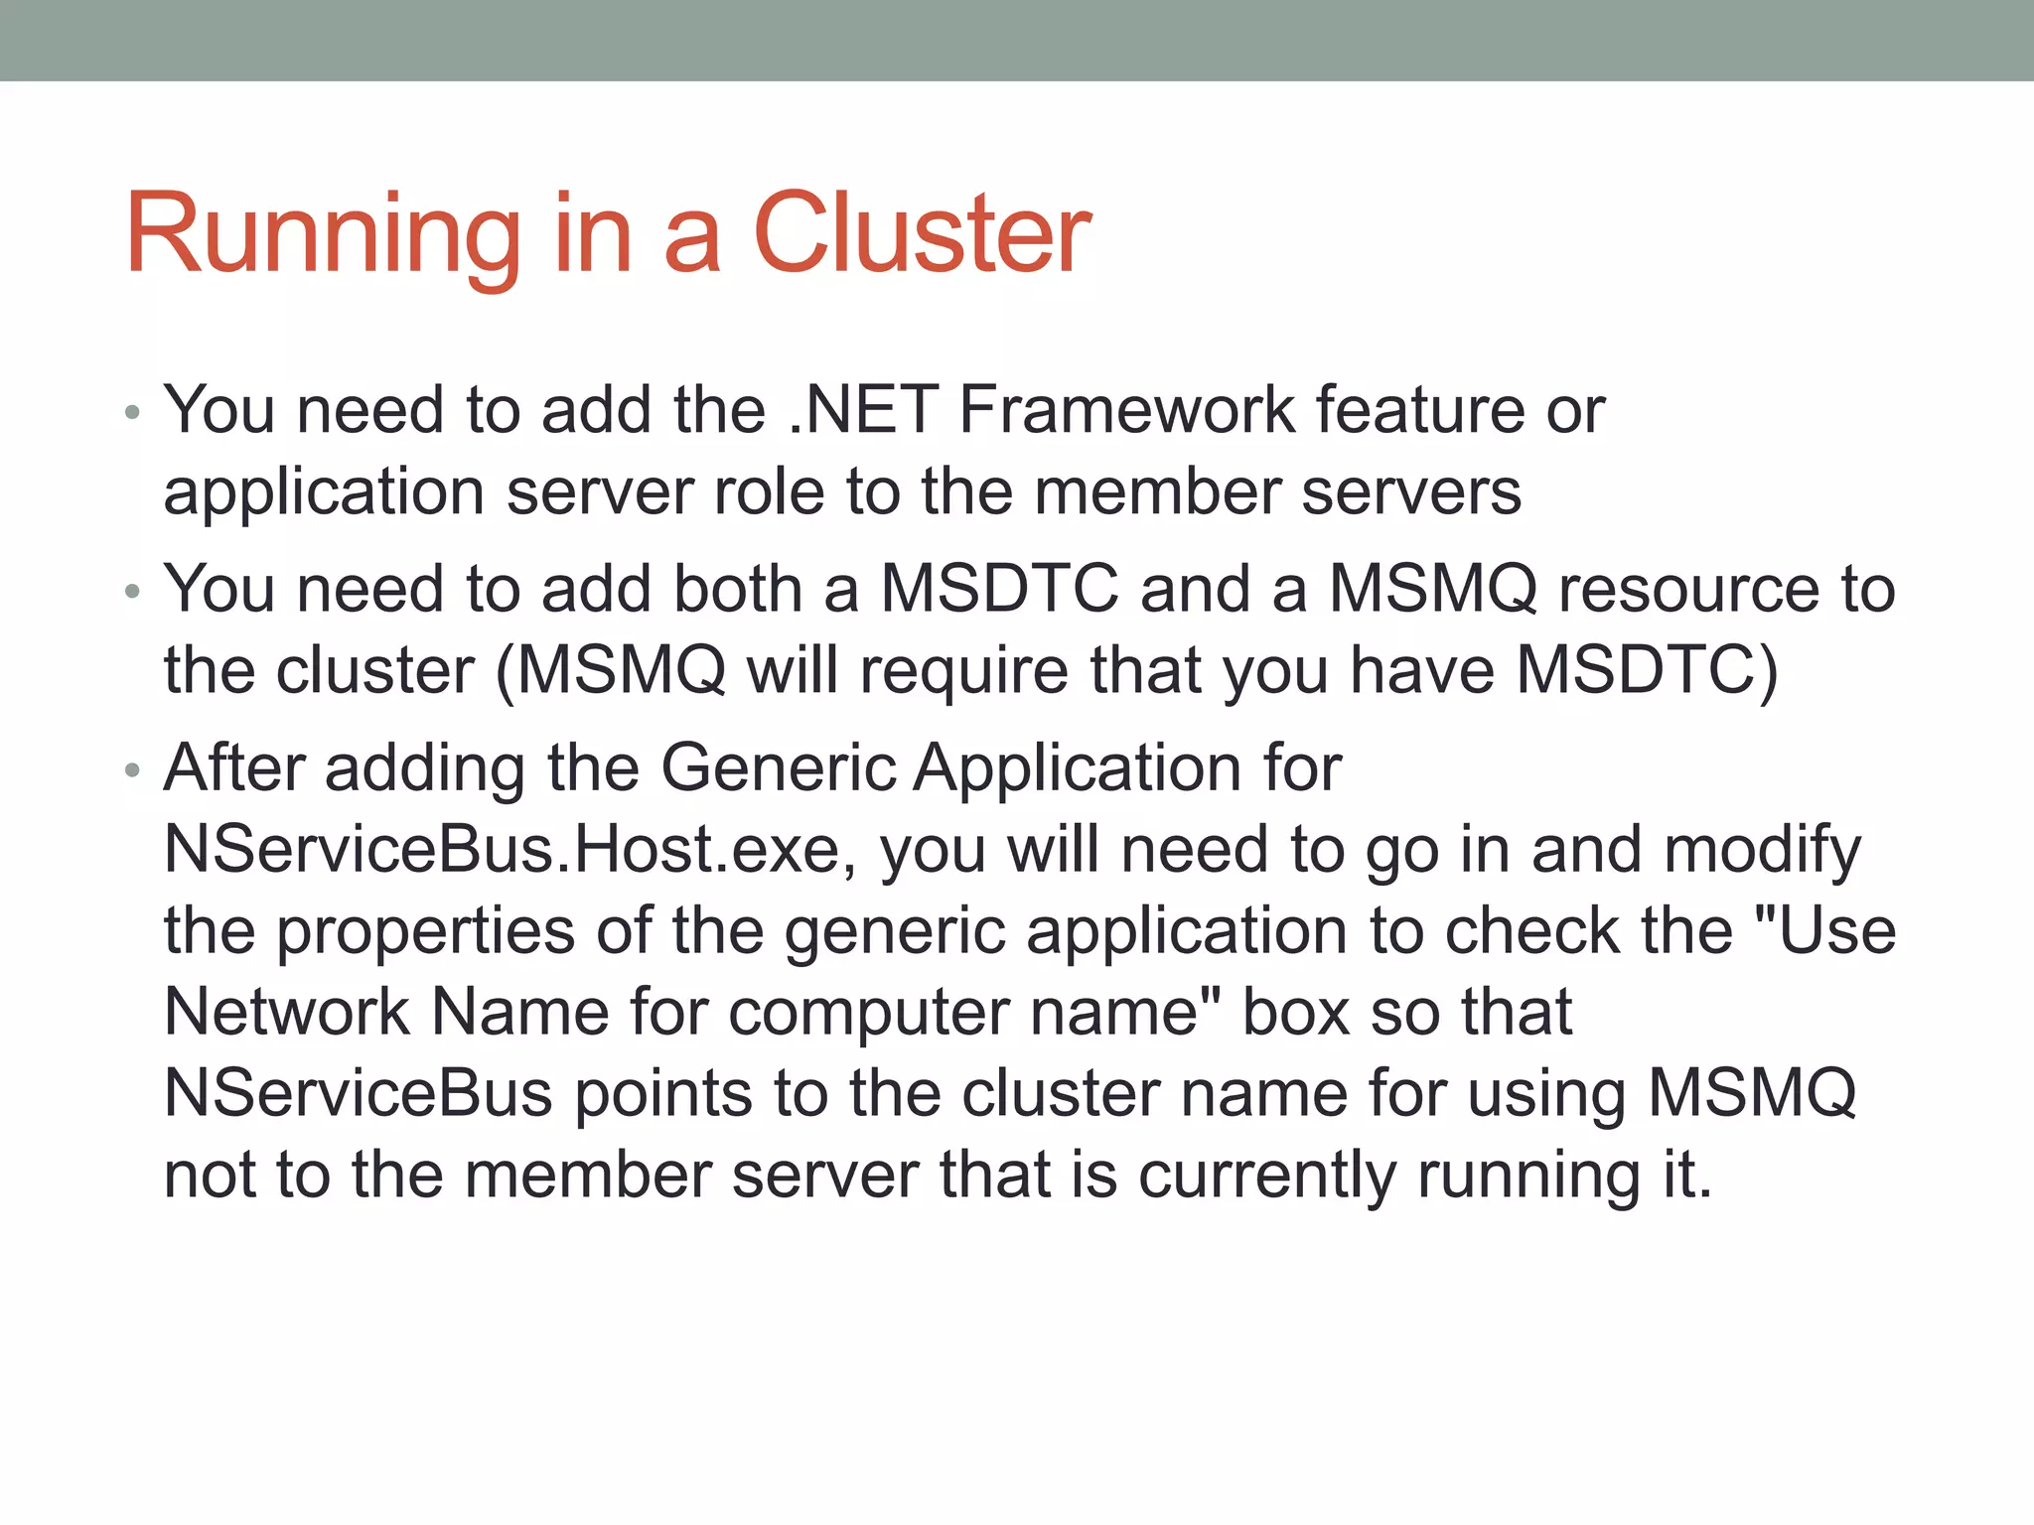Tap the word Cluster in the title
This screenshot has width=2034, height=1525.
coord(922,234)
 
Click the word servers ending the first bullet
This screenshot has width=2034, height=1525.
coord(1410,493)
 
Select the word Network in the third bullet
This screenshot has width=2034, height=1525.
coord(287,1013)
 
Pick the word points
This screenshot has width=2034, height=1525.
coord(663,1095)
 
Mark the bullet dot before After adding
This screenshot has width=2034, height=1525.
coord(133,771)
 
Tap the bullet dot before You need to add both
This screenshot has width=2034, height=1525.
coord(133,593)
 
